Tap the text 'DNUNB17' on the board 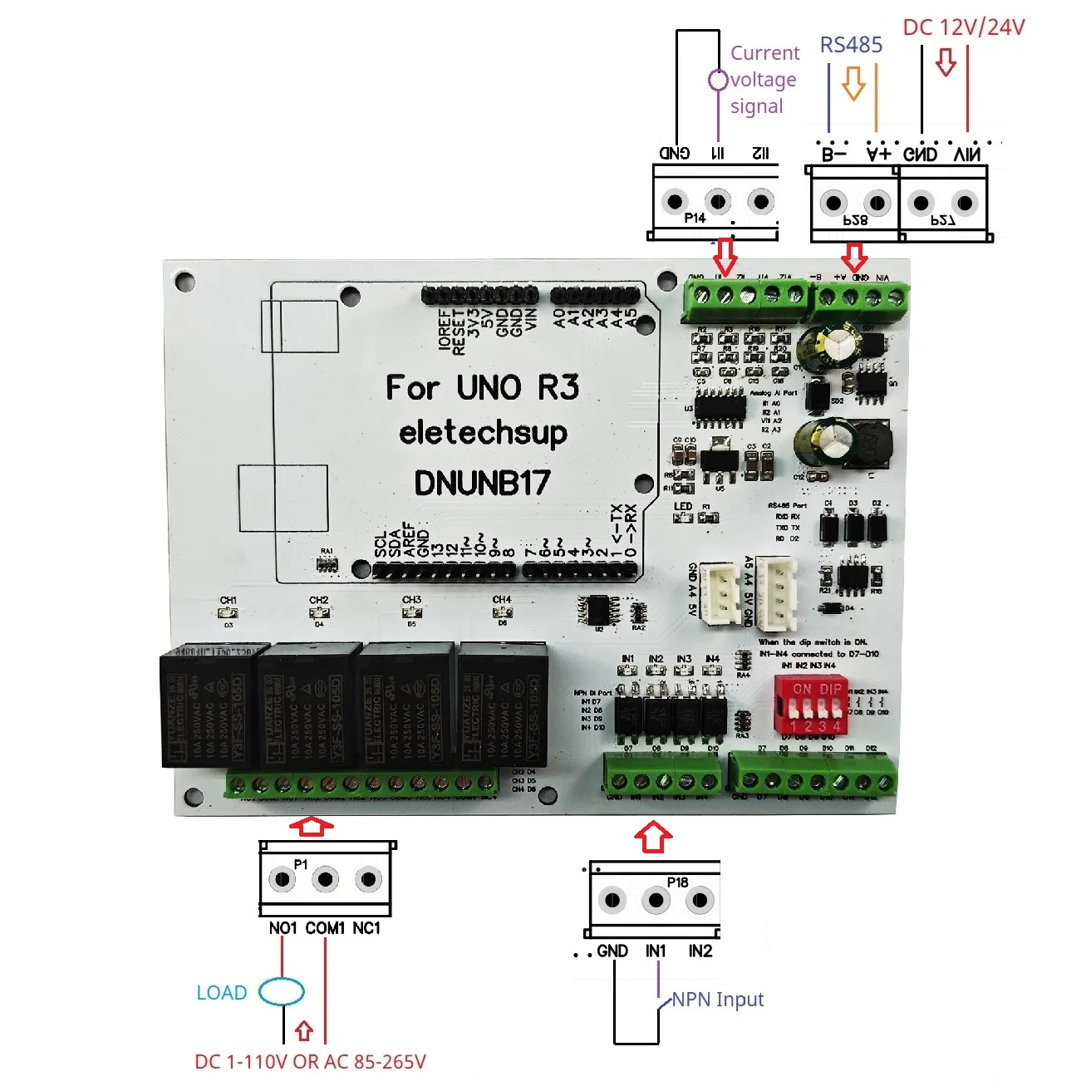[x=482, y=483]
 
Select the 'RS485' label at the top [x=851, y=45]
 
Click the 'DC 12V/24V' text [x=964, y=27]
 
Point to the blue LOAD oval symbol [x=282, y=991]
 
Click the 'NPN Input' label [x=717, y=1000]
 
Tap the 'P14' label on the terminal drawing [x=695, y=218]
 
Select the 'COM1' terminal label [x=325, y=928]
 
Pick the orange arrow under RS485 [x=853, y=83]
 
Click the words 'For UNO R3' [x=482, y=387]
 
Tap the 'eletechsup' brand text [x=483, y=433]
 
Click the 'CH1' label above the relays [x=229, y=600]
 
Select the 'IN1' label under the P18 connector [x=656, y=951]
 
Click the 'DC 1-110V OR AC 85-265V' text [x=310, y=1062]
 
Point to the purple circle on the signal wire [x=718, y=81]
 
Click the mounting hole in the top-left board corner [x=184, y=281]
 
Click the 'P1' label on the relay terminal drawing [x=301, y=864]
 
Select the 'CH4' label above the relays [x=502, y=599]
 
